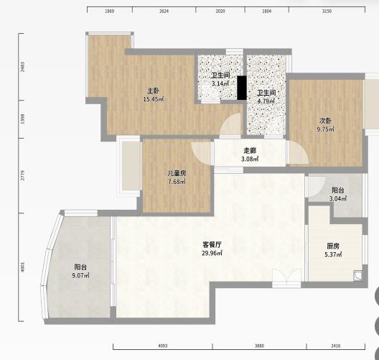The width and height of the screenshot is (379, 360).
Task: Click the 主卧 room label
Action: coord(153,91)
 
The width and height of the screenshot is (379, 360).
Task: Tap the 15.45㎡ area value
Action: coord(154,99)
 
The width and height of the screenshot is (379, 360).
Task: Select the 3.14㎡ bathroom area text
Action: coord(220,83)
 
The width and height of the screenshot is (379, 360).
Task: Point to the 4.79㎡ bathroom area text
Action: coord(266,101)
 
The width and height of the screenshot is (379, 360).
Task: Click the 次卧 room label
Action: coord(326,121)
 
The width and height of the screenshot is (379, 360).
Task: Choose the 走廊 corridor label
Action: coord(250,150)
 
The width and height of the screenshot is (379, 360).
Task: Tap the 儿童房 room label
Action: coord(177,173)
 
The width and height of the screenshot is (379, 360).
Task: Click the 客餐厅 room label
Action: coord(212,244)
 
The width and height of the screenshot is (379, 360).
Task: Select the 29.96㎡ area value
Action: coord(212,253)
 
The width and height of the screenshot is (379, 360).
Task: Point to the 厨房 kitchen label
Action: coord(333,246)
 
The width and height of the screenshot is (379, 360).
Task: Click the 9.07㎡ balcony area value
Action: coord(80,275)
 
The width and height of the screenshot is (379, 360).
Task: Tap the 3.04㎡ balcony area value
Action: coord(338,198)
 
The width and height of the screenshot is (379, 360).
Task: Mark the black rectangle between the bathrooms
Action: coord(242,88)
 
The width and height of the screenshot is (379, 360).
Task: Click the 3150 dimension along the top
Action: coord(327,11)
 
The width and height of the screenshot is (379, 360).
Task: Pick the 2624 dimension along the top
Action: coord(164,11)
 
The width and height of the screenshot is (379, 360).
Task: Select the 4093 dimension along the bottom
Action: coord(163,346)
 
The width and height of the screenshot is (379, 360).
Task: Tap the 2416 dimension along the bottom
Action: coord(335,346)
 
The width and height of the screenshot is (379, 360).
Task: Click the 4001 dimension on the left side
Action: coord(22,267)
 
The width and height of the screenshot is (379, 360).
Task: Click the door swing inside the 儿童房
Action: coord(201,152)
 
